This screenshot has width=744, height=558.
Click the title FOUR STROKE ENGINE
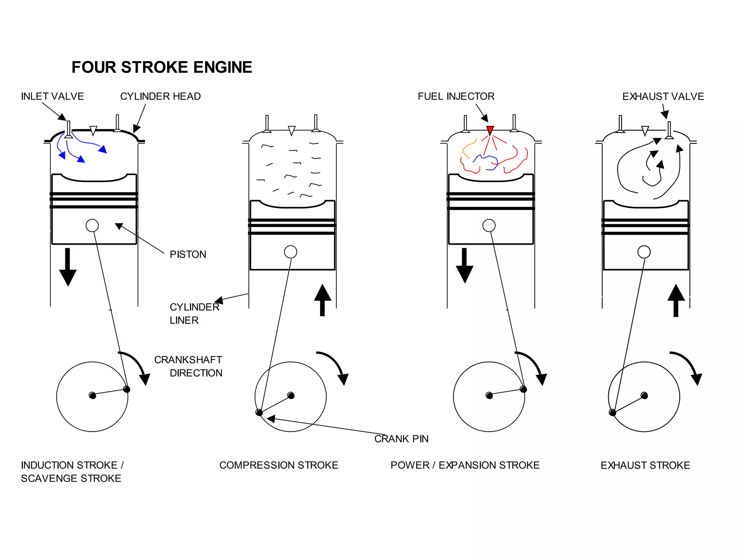pos(162,67)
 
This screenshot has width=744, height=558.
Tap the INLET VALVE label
pos(52,96)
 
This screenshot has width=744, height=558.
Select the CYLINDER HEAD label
pos(160,96)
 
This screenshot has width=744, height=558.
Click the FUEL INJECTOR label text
pos(456,96)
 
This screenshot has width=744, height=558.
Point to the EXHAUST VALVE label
pos(663,97)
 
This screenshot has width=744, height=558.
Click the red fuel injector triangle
pos(490,130)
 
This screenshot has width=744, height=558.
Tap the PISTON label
pos(188,254)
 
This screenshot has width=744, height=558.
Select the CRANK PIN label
pos(401,439)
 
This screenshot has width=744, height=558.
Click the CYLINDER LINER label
pos(194,314)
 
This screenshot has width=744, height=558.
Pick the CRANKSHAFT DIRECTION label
pos(188,366)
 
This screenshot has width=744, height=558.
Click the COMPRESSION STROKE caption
pos(279,465)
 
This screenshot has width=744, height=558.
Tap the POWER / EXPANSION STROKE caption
pos(465,465)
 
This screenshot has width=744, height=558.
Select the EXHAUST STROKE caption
pos(645,465)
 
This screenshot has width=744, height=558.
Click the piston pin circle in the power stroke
pos(489,226)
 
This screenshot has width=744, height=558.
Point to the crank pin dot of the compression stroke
pos(259,412)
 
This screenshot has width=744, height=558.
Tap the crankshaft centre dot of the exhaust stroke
pos(644,395)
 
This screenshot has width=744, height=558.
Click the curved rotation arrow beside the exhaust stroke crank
pos(688,367)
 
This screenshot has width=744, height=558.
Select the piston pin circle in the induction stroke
pos(92,226)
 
